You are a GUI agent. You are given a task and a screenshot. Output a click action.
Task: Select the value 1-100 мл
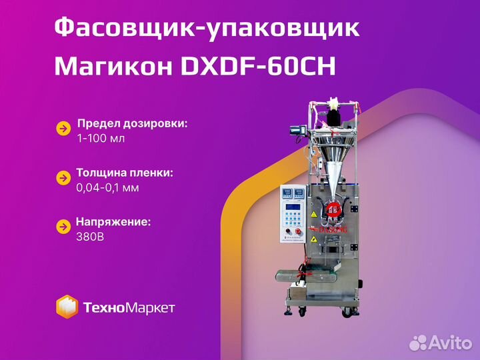point(101,139)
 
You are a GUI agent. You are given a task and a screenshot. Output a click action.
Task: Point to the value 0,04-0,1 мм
point(107,187)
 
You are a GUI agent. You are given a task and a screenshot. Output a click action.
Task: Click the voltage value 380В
point(90,237)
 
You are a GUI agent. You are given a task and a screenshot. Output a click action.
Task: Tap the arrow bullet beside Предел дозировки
point(64,129)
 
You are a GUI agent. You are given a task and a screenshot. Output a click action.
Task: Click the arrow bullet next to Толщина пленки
point(64,178)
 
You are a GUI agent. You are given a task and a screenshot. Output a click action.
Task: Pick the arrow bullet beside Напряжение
point(64,227)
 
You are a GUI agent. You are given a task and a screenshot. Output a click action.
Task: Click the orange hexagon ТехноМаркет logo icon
point(67,307)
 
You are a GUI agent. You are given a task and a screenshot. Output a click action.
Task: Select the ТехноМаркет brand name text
point(129,307)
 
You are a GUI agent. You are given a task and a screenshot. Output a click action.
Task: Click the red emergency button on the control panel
point(297,231)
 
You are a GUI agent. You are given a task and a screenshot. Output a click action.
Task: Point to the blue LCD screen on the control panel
point(293,207)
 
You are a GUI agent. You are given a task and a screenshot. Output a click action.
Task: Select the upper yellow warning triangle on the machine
point(313,214)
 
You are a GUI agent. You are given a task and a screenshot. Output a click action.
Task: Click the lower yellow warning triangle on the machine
point(313,239)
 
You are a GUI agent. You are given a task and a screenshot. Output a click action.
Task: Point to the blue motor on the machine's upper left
point(297,131)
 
